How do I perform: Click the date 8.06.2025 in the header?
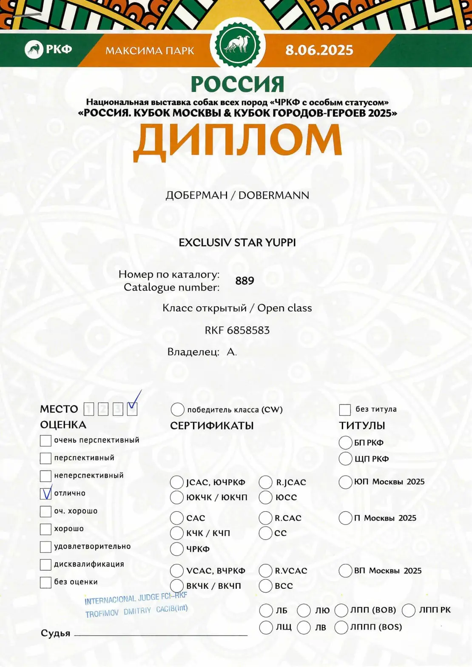pyautogui.click(x=319, y=50)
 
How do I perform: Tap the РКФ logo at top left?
pyautogui.click(x=48, y=49)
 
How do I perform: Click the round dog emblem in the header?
pyautogui.click(x=237, y=44)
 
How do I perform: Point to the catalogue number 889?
pyautogui.click(x=245, y=281)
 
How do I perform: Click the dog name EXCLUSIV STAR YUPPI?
pyautogui.click(x=237, y=242)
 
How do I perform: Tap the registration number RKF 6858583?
pyautogui.click(x=237, y=330)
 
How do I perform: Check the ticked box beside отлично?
pyautogui.click(x=45, y=493)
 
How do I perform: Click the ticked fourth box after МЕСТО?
pyautogui.click(x=132, y=409)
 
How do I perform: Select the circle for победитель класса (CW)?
pyautogui.click(x=177, y=410)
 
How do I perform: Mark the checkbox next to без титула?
pyautogui.click(x=344, y=410)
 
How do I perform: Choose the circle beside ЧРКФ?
pyautogui.click(x=177, y=549)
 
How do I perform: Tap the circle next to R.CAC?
pyautogui.click(x=266, y=518)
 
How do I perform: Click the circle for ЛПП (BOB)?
pyautogui.click(x=341, y=610)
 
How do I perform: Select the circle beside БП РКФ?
pyautogui.click(x=345, y=442)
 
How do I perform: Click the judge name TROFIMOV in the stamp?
pyautogui.click(x=102, y=613)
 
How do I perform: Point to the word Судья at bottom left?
pyautogui.click(x=55, y=633)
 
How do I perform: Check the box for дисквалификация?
pyautogui.click(x=45, y=564)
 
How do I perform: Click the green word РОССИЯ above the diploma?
pyautogui.click(x=237, y=84)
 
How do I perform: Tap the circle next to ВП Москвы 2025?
pyautogui.click(x=345, y=571)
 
